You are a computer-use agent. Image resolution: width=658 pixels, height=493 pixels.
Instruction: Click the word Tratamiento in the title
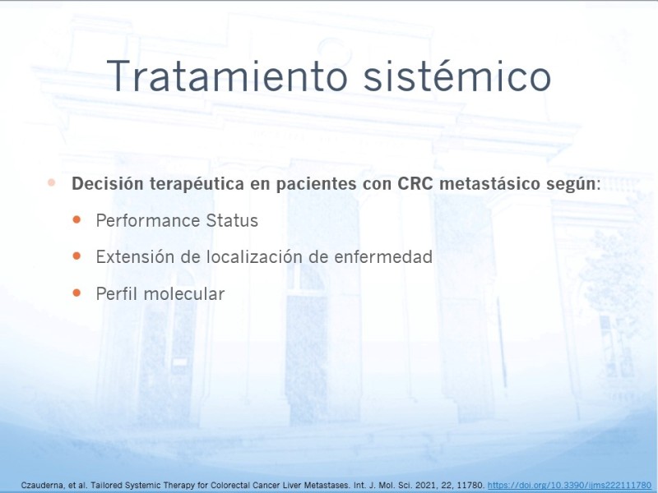pos(227,76)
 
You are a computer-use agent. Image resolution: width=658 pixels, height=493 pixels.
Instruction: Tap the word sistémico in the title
pos(457,76)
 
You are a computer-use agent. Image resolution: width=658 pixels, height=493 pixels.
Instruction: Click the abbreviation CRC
pos(415,183)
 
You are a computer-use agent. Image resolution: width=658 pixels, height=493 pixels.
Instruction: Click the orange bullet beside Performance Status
pos(76,219)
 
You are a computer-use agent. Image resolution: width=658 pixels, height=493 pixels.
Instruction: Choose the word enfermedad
pos(383,257)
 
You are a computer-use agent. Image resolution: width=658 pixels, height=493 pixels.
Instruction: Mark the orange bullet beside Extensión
pos(76,256)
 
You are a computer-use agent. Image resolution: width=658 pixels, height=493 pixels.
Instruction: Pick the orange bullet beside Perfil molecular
pos(76,293)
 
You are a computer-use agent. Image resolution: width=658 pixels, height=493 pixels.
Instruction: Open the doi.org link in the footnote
pos(569,486)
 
